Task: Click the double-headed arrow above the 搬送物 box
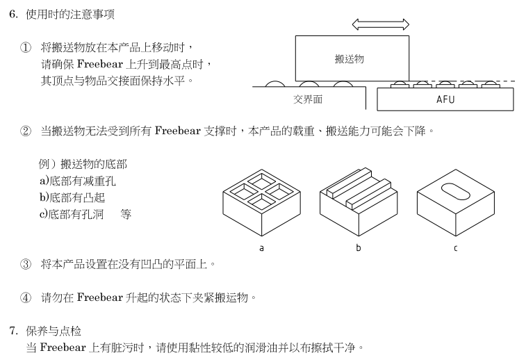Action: point(380,24)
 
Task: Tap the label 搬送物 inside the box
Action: point(350,59)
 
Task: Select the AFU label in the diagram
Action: point(445,99)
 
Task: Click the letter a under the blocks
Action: point(261,248)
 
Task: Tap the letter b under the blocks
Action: point(359,248)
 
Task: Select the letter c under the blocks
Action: point(456,248)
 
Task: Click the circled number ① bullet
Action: point(26,47)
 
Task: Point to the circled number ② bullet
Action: point(26,131)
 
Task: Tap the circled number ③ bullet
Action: point(26,264)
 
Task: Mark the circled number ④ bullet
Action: point(26,298)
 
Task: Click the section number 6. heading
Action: point(13,14)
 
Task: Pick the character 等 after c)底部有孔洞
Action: point(126,214)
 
